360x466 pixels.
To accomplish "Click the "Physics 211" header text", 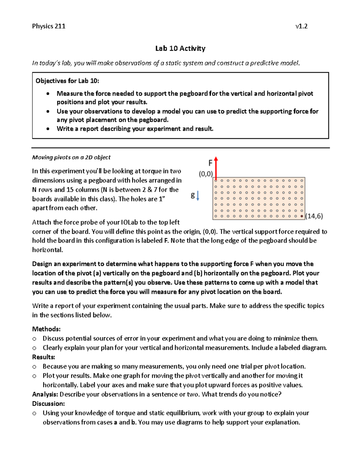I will [x=49, y=26].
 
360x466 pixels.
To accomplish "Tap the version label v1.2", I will [x=301, y=26].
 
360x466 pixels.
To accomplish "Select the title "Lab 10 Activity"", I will [x=180, y=49].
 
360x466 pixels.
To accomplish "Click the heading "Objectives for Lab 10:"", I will [x=67, y=81].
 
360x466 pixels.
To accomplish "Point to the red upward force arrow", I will [x=216, y=168].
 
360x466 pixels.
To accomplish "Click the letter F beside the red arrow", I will [x=210, y=163].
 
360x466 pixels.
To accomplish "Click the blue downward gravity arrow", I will [x=198, y=196].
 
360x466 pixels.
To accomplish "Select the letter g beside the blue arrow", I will [x=193, y=195].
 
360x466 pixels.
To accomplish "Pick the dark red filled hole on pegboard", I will [x=302, y=216].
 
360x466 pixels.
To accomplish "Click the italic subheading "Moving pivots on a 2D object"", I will [x=71, y=157].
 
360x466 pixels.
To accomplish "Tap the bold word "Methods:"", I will [x=46, y=329].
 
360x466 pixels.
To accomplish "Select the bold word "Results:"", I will [x=44, y=357].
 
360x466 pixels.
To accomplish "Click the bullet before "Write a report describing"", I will [x=48, y=129].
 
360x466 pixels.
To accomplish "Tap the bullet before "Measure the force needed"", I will [x=48, y=94].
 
